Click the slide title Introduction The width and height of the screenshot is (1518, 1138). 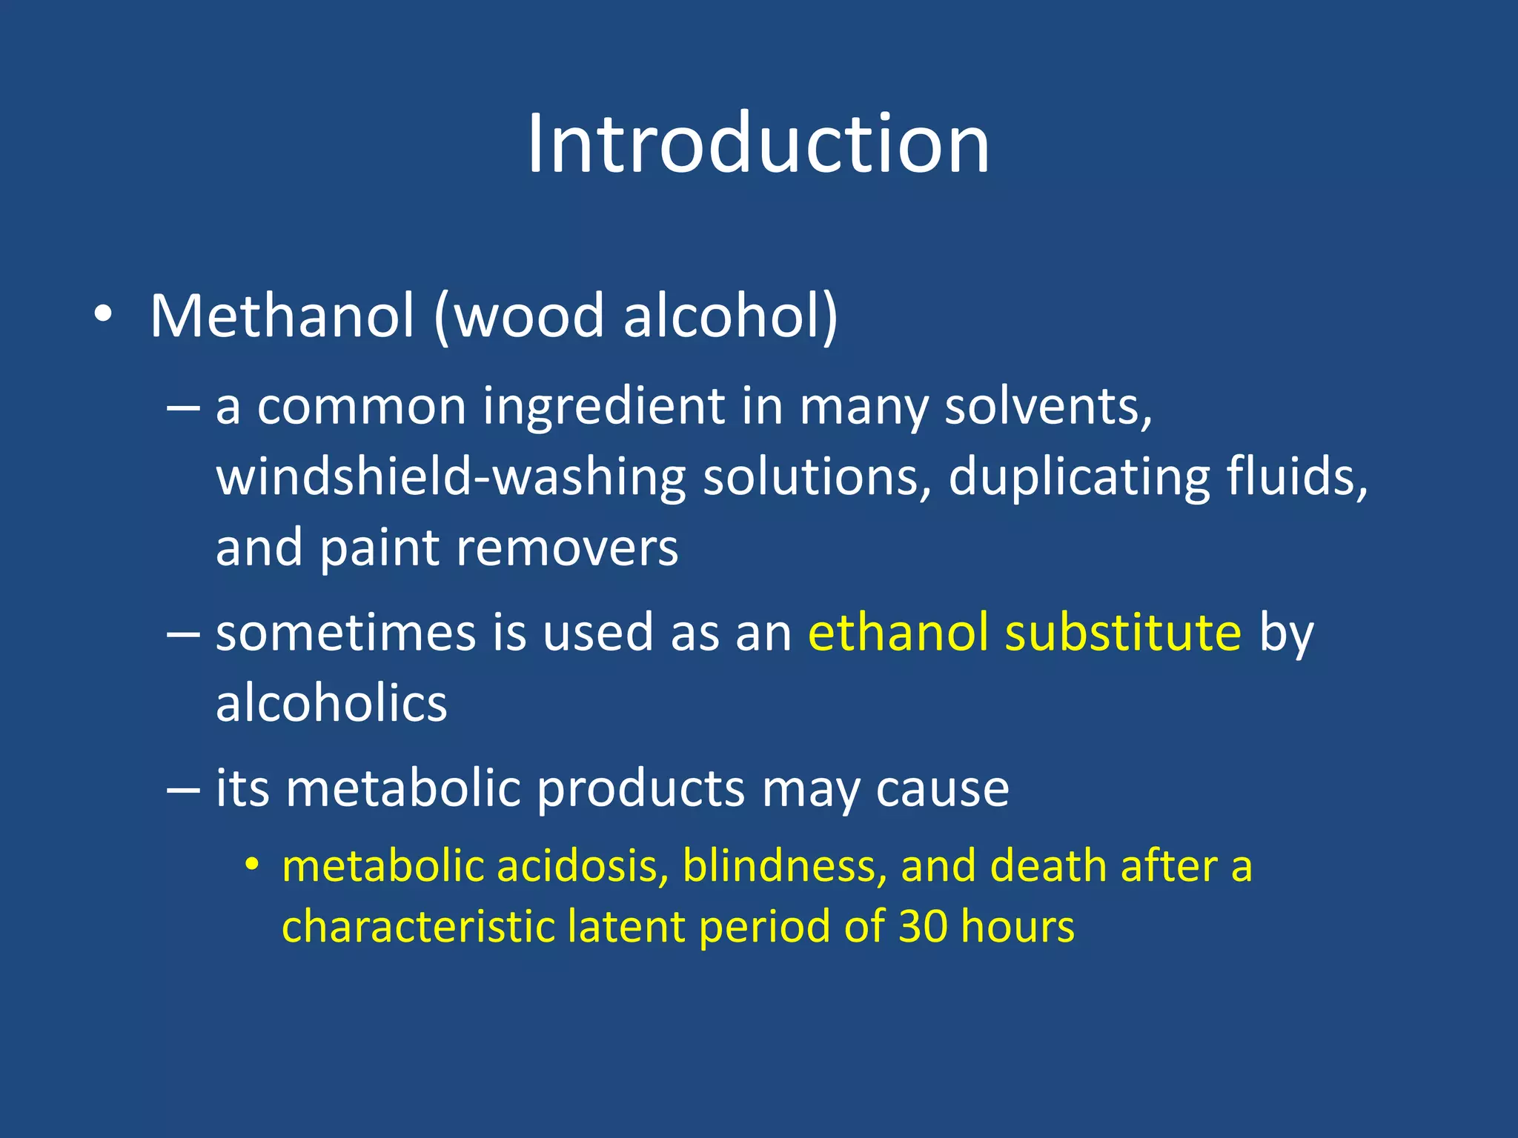click(758, 144)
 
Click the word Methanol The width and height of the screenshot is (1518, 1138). click(282, 316)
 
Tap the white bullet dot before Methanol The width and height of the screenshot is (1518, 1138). click(103, 316)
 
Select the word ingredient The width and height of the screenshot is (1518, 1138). click(603, 407)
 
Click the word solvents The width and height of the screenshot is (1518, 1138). click(1048, 407)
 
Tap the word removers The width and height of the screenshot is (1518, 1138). click(567, 548)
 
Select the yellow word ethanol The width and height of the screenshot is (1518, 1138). click(898, 633)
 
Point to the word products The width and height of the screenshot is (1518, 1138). click(640, 788)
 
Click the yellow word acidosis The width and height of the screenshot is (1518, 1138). click(583, 866)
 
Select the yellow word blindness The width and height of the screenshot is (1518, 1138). click(784, 866)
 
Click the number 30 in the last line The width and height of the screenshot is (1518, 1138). click(923, 927)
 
